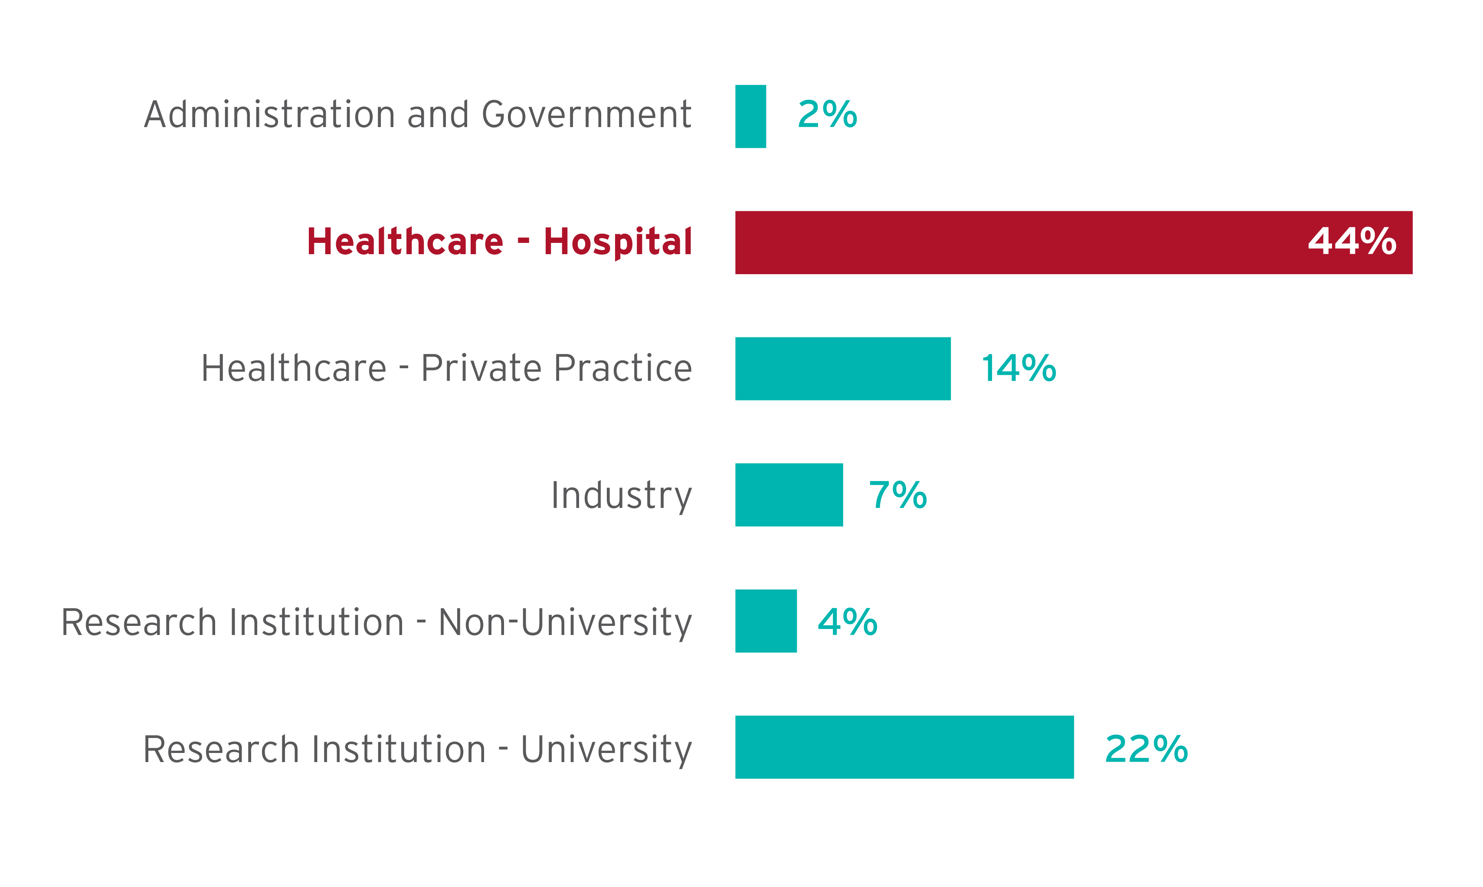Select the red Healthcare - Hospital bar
pyautogui.click(x=1016, y=242)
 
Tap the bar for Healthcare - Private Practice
pyautogui.click(x=843, y=369)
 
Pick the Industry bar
pyautogui.click(x=789, y=495)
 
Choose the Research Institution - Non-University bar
pyautogui.click(x=766, y=621)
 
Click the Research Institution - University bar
pyautogui.click(x=904, y=747)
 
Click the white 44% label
pyautogui.click(x=1352, y=242)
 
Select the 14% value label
pyautogui.click(x=1018, y=368)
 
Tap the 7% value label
pyautogui.click(x=898, y=495)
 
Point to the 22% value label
pyautogui.click(x=1146, y=749)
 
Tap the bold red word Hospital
pyautogui.click(x=618, y=242)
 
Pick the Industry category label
pyautogui.click(x=621, y=495)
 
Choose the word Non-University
pyautogui.click(x=565, y=622)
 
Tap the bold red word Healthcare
pyautogui.click(x=405, y=242)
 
